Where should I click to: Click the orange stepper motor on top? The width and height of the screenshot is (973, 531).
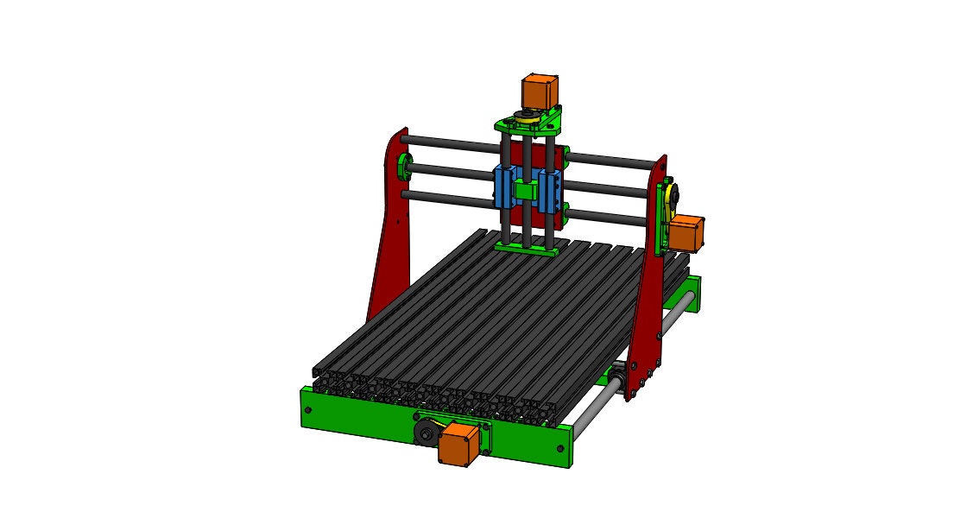[539, 90]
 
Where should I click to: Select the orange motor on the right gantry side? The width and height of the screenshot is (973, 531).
[686, 233]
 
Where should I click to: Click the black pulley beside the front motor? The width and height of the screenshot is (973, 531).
[426, 434]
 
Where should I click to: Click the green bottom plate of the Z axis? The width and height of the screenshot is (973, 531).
[527, 249]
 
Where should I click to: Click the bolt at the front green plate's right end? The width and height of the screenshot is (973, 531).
[562, 448]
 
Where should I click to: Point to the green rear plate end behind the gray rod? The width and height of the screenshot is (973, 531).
[695, 294]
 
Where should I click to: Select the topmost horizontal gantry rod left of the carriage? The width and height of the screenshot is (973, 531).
[449, 144]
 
